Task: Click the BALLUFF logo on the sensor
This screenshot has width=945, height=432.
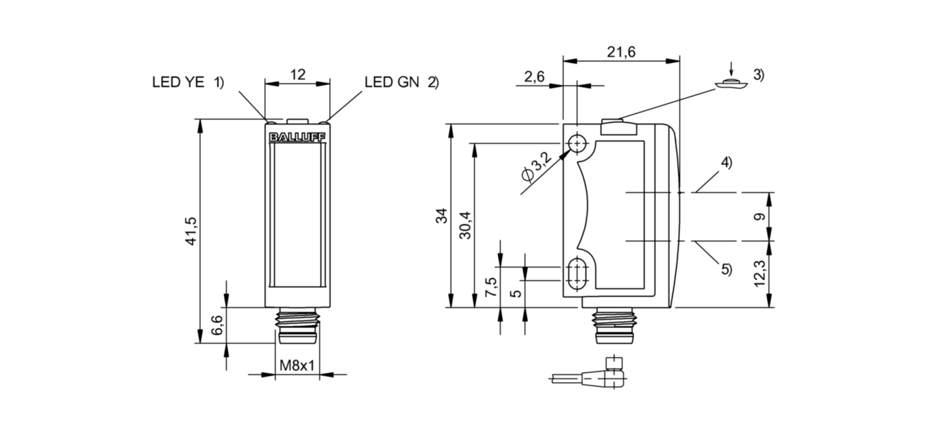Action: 297,138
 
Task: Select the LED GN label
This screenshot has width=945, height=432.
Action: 394,83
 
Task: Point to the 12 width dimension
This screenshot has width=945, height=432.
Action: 298,75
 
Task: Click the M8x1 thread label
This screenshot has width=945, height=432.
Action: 297,366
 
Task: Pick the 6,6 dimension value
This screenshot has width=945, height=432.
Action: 217,325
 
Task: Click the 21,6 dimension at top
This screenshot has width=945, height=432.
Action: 620,51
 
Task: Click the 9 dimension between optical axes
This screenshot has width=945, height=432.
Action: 758,217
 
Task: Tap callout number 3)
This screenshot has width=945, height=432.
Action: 758,75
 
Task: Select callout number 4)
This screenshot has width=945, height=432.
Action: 726,163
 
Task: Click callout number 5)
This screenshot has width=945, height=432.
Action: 726,269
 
